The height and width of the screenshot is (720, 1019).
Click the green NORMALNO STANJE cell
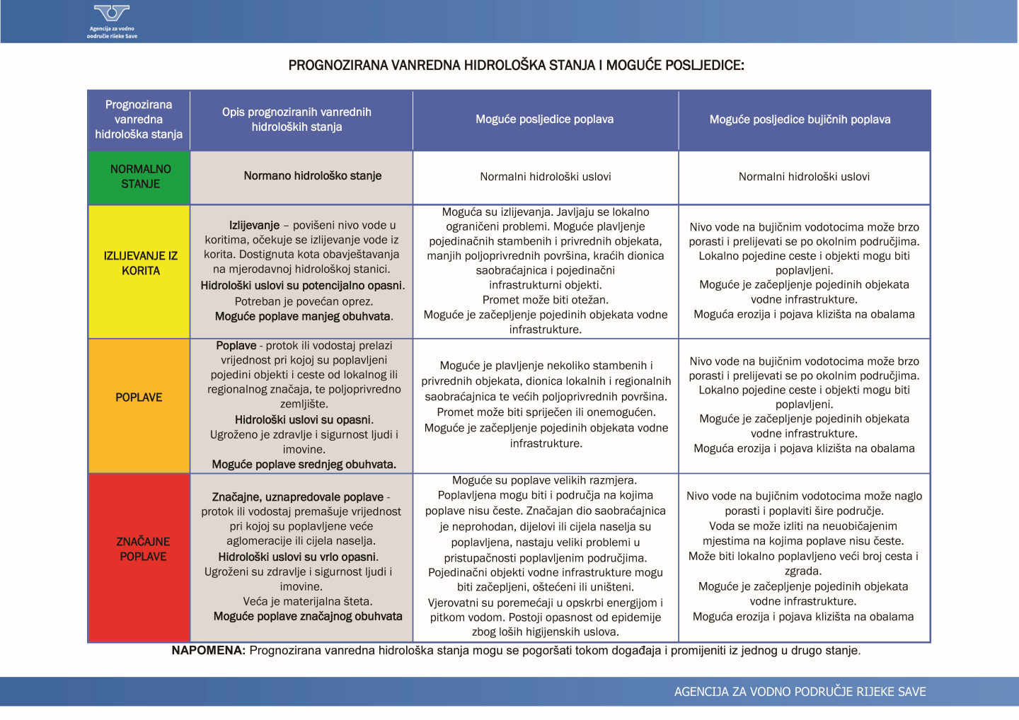tap(140, 177)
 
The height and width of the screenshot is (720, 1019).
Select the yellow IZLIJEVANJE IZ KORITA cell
tap(140, 263)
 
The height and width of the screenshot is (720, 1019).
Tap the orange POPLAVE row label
tap(139, 397)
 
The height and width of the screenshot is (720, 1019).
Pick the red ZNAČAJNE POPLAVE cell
tap(143, 549)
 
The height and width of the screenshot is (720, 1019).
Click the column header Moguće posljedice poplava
tap(544, 120)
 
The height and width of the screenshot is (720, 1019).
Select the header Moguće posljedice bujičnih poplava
tap(800, 120)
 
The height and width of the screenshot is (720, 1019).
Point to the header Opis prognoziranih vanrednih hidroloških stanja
tap(297, 120)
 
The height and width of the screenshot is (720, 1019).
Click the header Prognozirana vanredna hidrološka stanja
tap(139, 120)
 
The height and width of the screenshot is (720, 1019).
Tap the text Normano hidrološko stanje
tap(312, 176)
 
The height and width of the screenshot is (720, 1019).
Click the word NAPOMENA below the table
tap(208, 651)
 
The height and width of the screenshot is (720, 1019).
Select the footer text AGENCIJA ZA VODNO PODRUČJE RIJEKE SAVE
tap(800, 692)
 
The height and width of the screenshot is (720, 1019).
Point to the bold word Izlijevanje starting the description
tap(254, 226)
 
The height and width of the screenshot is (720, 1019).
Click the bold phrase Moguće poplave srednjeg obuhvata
tap(304, 465)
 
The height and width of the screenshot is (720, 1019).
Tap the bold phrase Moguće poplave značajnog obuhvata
tap(308, 617)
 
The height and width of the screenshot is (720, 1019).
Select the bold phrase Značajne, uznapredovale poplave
tap(297, 497)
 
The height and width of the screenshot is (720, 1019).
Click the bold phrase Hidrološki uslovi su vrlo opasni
tap(298, 557)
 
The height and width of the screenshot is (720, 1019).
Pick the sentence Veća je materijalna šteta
tap(307, 602)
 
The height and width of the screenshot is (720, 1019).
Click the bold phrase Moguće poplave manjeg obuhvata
tap(304, 317)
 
